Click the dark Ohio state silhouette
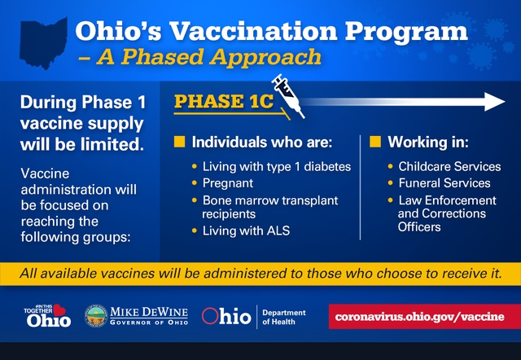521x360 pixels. click(43, 42)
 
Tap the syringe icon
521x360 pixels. click(287, 96)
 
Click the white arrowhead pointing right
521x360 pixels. click(494, 102)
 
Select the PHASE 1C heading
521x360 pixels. click(224, 101)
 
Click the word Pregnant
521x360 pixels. click(228, 183)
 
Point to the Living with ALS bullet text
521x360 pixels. click(246, 230)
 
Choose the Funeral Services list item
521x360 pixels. click(444, 183)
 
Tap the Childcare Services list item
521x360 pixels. click(449, 166)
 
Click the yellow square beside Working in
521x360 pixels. click(375, 142)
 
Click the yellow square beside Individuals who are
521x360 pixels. click(179, 142)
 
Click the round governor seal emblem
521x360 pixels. click(96, 316)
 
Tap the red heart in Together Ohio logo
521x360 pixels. click(59, 310)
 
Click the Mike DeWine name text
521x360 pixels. click(149, 312)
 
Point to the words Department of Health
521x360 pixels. click(284, 317)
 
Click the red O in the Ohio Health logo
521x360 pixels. click(210, 316)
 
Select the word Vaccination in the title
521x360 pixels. click(253, 31)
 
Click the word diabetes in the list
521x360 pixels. click(327, 166)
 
